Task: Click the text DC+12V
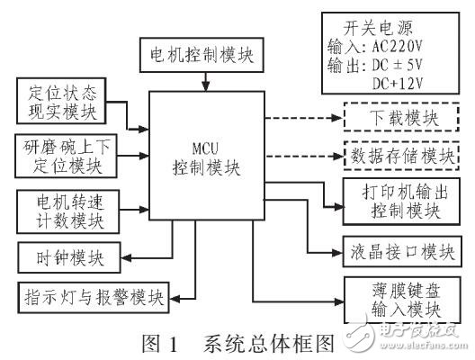coord(397,84)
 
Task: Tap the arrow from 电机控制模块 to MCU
coord(206,81)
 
